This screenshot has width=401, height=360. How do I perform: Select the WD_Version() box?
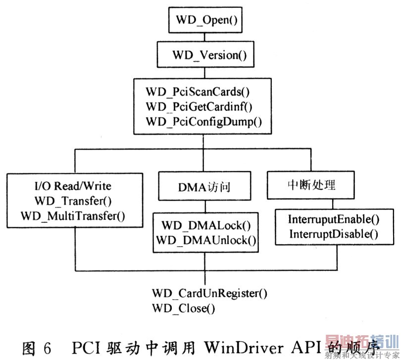pos(205,54)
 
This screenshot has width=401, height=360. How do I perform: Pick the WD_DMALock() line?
pos(205,226)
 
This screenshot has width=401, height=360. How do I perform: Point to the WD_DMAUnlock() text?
pos(205,240)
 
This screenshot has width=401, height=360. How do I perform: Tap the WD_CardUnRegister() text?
pos(209,293)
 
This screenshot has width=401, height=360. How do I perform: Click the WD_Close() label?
pos(184,309)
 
